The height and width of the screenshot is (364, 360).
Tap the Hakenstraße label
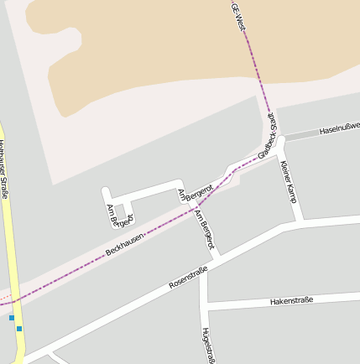tap(292, 300)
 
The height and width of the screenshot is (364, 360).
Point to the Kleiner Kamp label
tap(290, 182)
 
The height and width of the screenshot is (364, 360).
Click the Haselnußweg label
tap(340, 127)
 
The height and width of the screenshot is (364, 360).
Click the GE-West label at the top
tap(239, 16)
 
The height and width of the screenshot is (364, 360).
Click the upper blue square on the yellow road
tap(12, 318)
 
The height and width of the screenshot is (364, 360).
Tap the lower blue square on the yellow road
tap(19, 329)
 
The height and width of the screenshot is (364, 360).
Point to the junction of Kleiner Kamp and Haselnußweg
tap(284, 138)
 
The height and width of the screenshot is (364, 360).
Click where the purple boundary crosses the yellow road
tap(14, 299)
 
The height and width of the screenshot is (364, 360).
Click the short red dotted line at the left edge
tap(4, 300)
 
